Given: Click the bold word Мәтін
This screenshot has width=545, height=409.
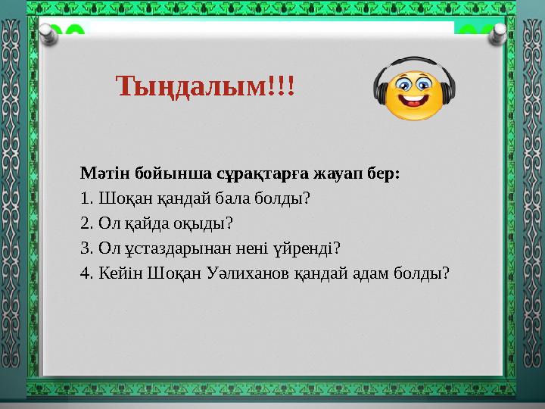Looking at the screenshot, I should [x=104, y=173].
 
